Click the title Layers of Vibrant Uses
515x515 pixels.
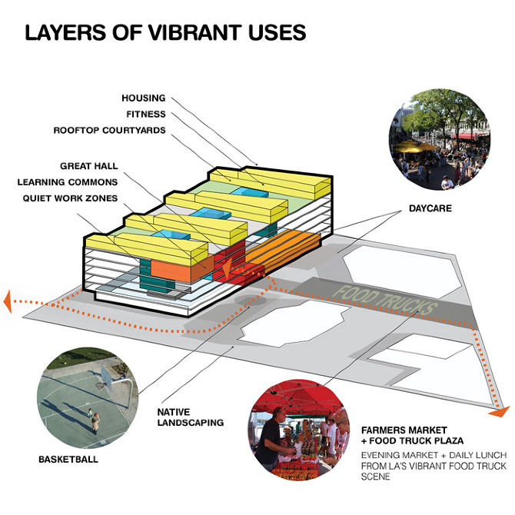tap(165, 32)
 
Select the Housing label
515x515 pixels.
tap(144, 98)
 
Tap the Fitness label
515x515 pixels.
tap(146, 115)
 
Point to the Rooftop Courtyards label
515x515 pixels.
tap(109, 131)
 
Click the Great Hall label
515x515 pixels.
tap(88, 166)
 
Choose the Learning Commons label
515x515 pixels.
tap(68, 182)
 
